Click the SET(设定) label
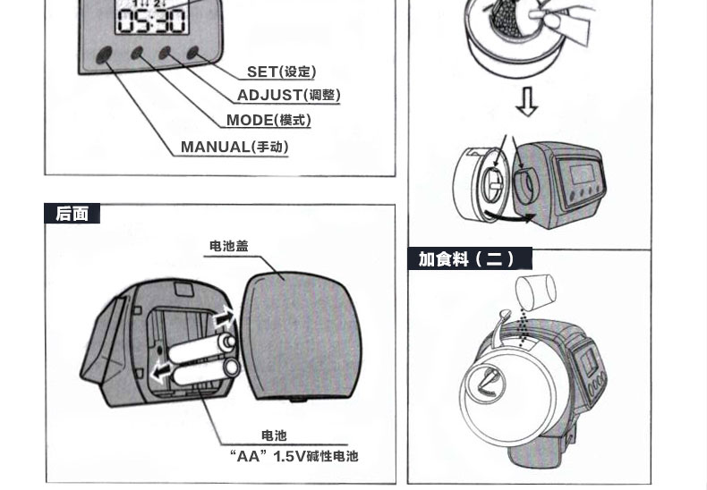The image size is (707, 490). click(281, 72)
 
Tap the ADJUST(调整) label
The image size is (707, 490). click(288, 95)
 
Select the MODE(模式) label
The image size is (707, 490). click(268, 120)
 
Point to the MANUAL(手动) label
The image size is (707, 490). click(234, 147)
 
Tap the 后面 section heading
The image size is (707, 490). click(72, 214)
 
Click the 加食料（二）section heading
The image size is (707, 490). click(466, 259)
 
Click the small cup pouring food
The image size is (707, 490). click(536, 291)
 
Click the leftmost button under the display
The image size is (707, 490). click(105, 54)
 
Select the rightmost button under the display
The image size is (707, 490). click(192, 54)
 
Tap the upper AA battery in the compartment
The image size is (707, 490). click(204, 347)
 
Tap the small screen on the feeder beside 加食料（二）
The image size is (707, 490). click(591, 367)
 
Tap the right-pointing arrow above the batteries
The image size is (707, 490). click(223, 317)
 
